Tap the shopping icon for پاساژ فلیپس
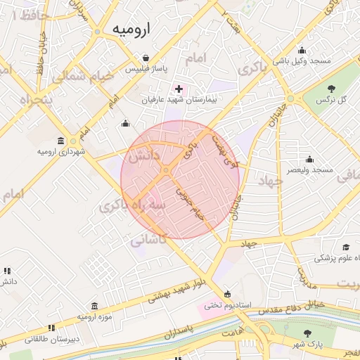coord(146,58)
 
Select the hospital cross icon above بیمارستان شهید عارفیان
coord(179,89)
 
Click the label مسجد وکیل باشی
coord(302,61)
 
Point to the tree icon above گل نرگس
coord(331,89)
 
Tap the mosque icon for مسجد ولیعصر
coord(309,159)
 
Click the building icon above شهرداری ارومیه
coord(61,141)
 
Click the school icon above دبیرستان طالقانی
coord(51,328)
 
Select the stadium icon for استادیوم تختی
coord(226,294)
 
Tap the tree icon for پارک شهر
coord(307,333)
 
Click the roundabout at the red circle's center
coord(166,170)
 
